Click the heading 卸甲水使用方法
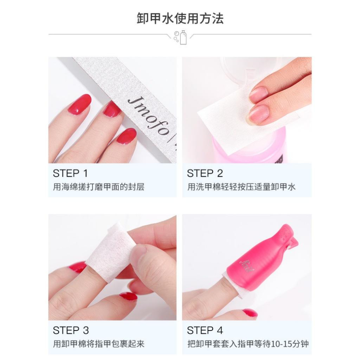coord(180,18)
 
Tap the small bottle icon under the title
coord(183,37)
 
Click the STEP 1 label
coord(70,173)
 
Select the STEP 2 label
coord(205,173)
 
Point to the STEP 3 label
coord(71,330)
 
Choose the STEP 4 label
coord(205,330)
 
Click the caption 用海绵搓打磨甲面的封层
coord(99,187)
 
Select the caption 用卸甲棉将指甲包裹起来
coord(99,344)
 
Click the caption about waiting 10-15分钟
coord(248,344)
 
